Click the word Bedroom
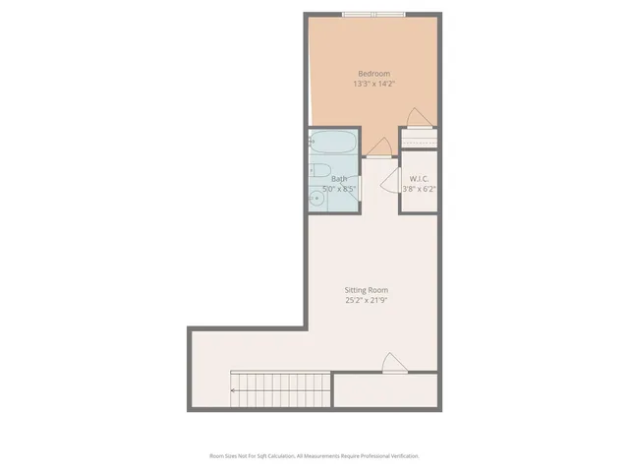coord(373,74)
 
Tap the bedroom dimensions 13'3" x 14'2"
coord(373,85)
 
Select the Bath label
coord(339,179)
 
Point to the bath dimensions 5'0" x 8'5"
coord(339,189)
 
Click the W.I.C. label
coord(417,179)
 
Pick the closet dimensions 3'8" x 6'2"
coord(418,189)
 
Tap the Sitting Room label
coord(366,290)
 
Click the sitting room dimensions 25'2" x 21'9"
coord(366,301)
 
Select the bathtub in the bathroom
coord(333,144)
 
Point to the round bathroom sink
coord(316,200)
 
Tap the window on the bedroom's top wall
coord(373,14)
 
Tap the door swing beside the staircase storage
coord(392,363)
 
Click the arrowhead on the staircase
coord(233,390)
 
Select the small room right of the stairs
coord(386,392)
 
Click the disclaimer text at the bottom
coord(314,456)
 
